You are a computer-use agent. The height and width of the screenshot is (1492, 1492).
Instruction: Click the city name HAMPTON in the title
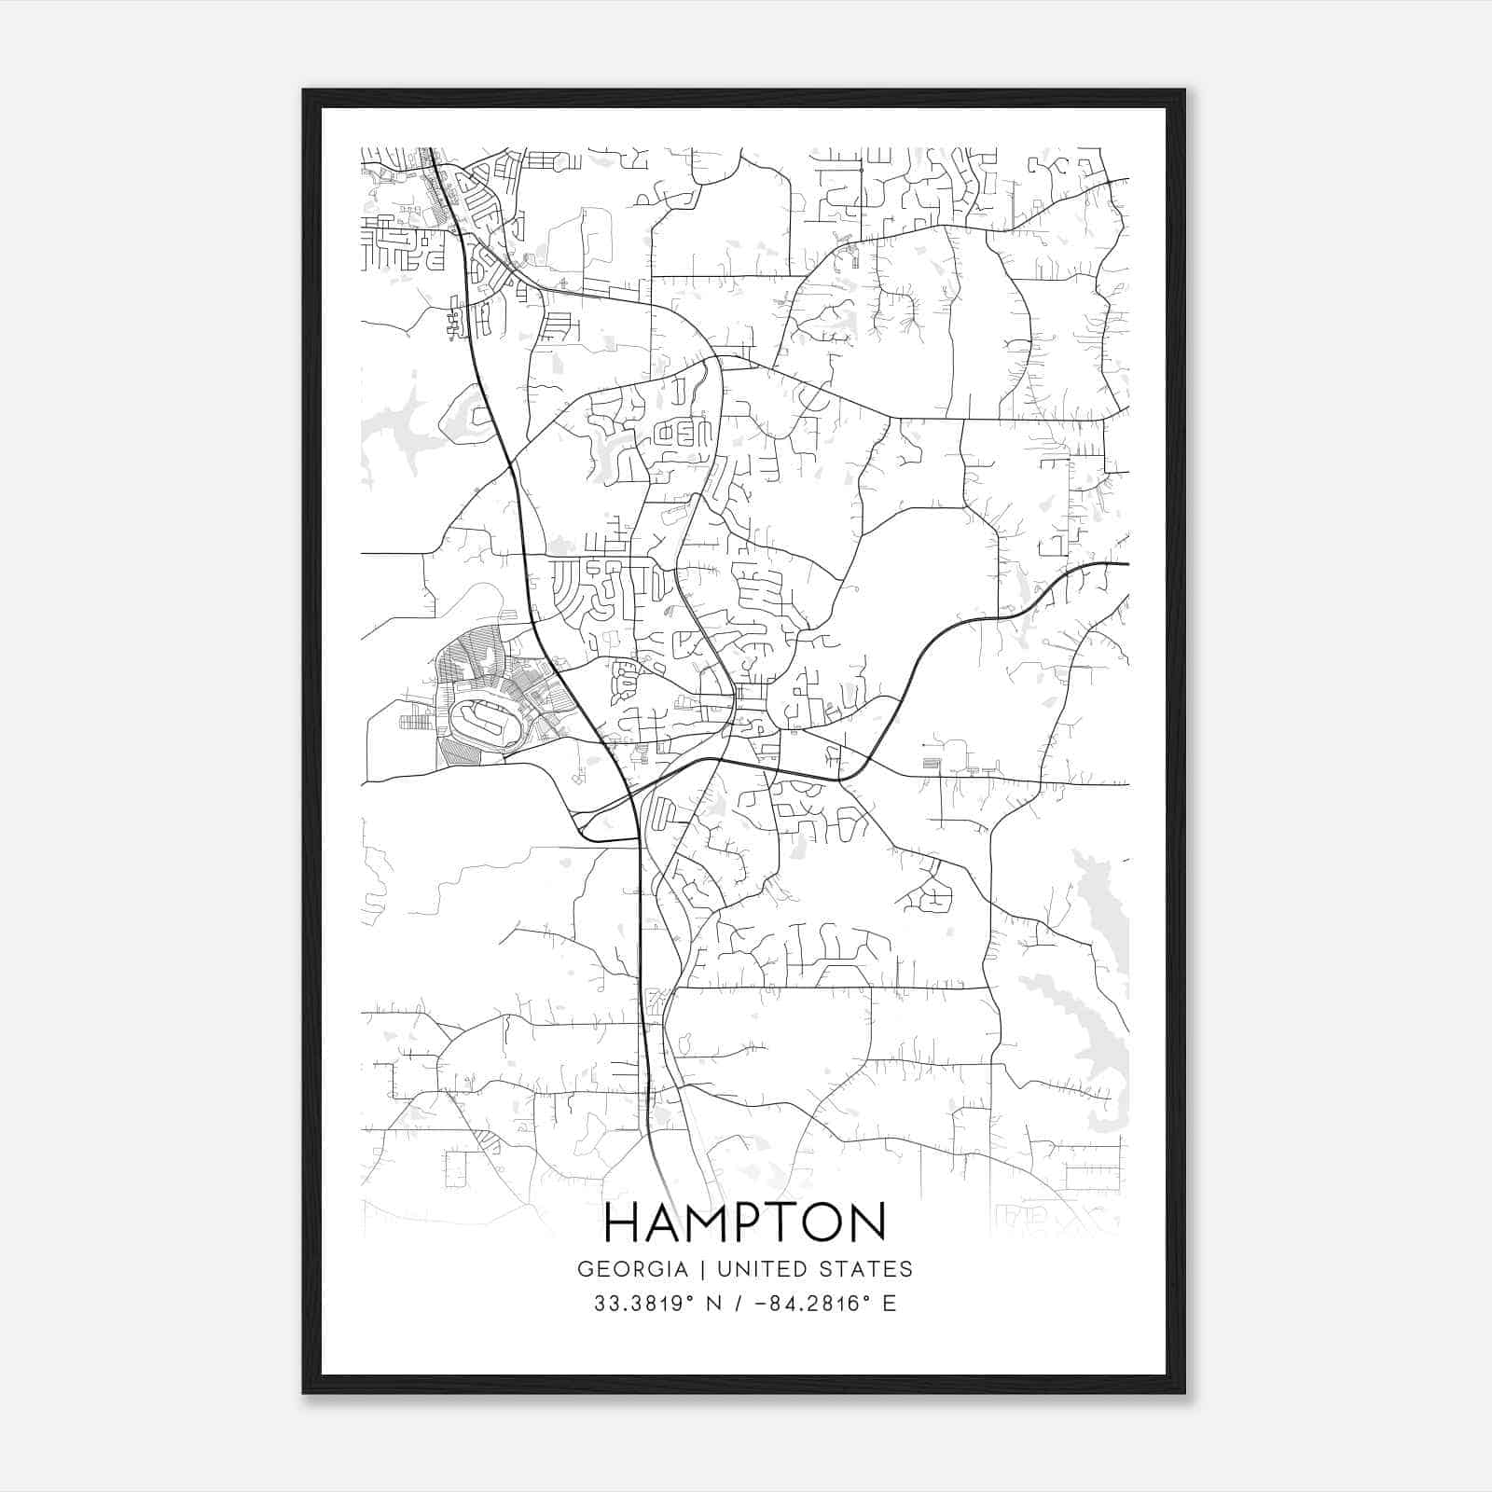[745, 1223]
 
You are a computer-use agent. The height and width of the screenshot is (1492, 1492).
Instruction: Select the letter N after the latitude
[714, 1303]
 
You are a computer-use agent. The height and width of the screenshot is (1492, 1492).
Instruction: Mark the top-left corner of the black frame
[304, 90]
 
